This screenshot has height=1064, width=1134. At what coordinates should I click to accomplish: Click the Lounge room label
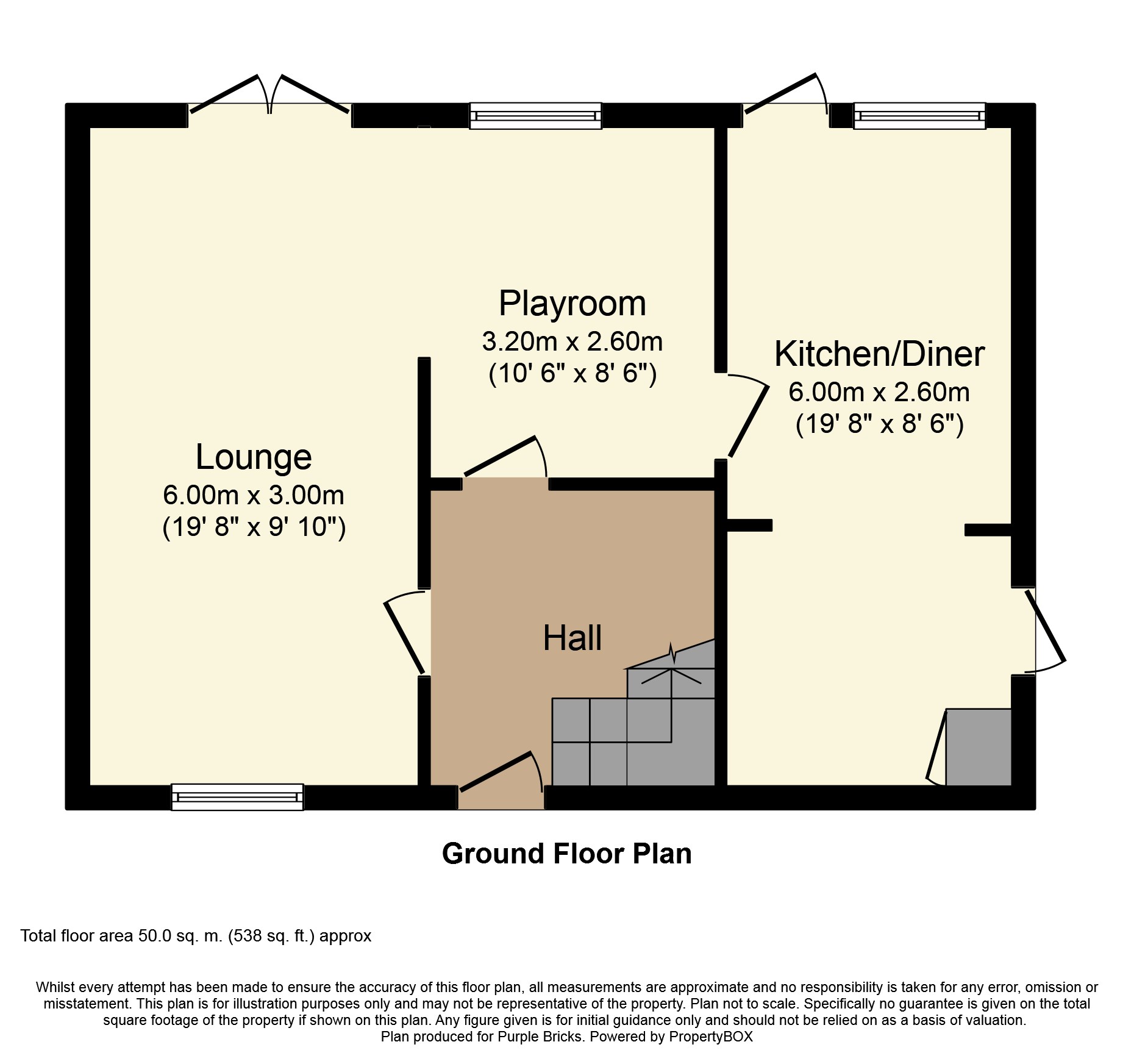coord(254,457)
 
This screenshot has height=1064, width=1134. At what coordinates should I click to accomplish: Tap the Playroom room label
coord(572,303)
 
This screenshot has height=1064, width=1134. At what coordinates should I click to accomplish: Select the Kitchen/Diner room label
coord(879,354)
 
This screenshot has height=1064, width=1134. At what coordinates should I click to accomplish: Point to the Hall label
coord(572,638)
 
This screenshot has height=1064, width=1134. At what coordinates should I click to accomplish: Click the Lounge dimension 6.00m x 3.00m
coord(254,495)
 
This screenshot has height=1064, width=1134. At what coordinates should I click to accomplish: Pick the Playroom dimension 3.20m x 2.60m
coord(572,341)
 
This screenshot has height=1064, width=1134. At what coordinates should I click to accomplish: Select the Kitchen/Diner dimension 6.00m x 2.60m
coord(879,392)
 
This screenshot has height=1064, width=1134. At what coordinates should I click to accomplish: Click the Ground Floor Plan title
coord(567,854)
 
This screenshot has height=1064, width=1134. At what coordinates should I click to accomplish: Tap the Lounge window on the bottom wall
coord(237,797)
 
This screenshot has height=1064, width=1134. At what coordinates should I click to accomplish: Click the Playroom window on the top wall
coord(535,116)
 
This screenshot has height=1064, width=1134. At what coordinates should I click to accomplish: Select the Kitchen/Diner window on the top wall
coord(919,116)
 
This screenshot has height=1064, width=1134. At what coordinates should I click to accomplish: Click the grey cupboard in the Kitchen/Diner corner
coord(978,747)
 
